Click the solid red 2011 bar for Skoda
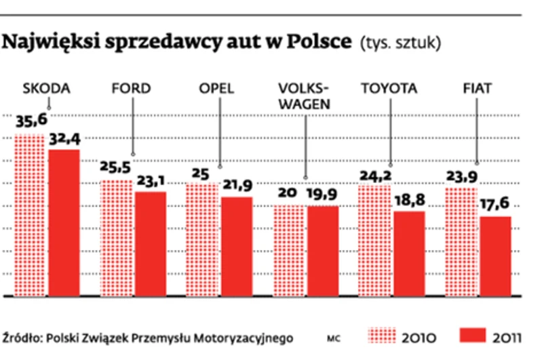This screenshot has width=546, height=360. point(63,222)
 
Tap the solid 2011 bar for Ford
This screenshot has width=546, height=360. point(150,243)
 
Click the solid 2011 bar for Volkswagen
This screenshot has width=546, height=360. point(322,250)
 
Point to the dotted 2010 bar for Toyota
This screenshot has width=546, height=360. point(374,240)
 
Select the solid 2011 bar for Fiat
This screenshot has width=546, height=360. point(494,256)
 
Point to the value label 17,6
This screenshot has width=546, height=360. point(494,205)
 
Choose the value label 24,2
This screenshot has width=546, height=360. point(374,174)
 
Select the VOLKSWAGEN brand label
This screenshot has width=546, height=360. point(303,96)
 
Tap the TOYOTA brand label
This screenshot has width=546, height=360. point(389,89)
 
